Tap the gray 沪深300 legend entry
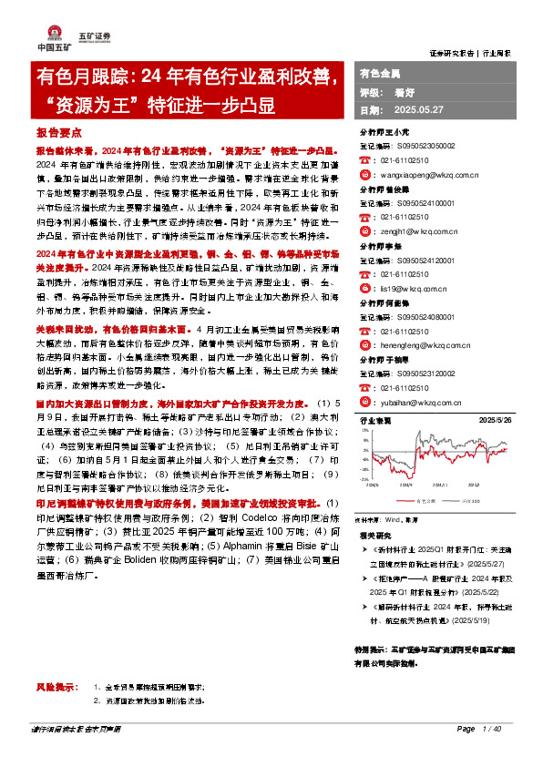point(471,501)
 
